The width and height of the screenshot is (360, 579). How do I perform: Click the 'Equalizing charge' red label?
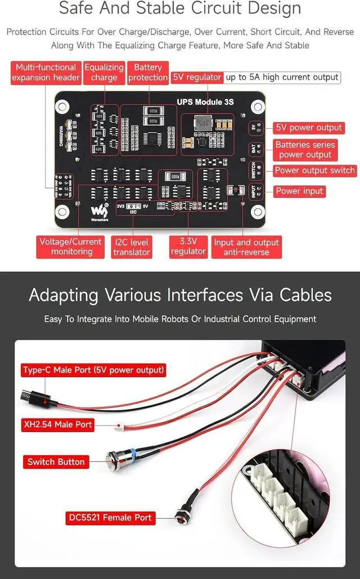(x=104, y=73)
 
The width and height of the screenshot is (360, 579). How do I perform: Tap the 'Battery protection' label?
(x=148, y=73)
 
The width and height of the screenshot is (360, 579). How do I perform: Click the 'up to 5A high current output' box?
(x=282, y=77)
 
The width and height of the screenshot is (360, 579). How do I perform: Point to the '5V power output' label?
(x=309, y=128)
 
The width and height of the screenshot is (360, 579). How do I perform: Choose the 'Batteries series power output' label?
(x=305, y=150)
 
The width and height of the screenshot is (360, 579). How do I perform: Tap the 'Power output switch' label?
(x=314, y=170)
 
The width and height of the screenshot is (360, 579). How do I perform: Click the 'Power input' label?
(x=299, y=191)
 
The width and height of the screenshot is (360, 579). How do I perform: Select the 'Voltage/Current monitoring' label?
(x=71, y=246)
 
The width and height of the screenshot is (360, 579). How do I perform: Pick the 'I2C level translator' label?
(x=132, y=247)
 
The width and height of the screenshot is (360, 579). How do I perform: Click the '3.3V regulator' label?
(x=188, y=246)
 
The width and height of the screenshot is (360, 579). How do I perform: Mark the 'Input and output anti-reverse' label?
(x=246, y=247)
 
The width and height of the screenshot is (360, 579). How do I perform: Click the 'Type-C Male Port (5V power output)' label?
(x=93, y=370)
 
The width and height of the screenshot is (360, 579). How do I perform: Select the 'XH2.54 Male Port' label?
(x=57, y=424)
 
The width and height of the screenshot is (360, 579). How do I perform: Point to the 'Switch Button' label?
(x=56, y=462)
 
